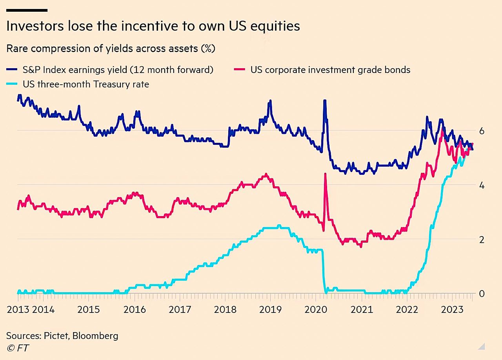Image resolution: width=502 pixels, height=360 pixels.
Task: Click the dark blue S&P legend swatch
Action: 12,70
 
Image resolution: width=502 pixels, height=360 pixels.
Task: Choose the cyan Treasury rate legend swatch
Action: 12,84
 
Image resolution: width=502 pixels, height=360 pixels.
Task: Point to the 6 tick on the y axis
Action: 482,131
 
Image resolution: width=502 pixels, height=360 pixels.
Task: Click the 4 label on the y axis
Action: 482,185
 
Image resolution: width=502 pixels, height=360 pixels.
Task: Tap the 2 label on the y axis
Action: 482,239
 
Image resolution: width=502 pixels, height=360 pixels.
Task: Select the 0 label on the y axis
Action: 482,294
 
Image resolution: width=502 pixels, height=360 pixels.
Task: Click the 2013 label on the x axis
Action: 18,309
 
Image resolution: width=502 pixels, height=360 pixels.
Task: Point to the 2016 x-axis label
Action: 135,309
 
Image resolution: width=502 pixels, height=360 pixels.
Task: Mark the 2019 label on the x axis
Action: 271,309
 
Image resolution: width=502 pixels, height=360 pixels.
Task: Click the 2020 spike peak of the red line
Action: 325,174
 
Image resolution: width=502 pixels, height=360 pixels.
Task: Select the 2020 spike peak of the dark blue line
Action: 324,101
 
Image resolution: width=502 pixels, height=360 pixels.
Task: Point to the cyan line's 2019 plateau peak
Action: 279,225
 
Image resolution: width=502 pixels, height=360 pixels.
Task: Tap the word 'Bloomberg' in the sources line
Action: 99,336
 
